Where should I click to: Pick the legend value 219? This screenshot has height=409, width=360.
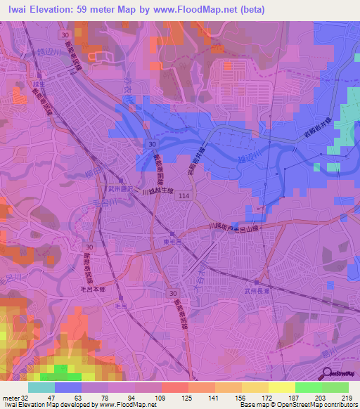pyautogui.click(x=346, y=397)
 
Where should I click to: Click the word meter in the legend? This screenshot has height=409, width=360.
pyautogui.click(x=13, y=397)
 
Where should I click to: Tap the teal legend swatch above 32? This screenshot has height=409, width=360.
pyautogui.click(x=41, y=387)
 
